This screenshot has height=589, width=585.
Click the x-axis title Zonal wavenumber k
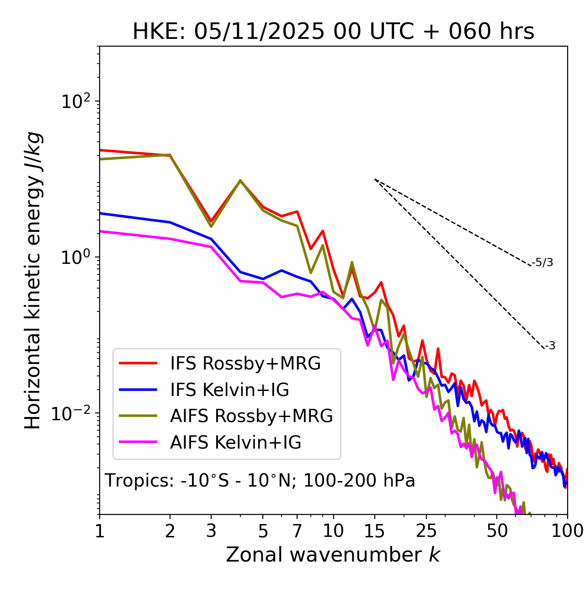click(333, 555)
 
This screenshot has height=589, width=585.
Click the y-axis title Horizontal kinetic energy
click(33, 280)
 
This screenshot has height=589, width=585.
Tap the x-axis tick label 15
click(374, 530)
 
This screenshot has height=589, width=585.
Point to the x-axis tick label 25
click(426, 530)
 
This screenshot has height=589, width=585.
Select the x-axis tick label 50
click(497, 530)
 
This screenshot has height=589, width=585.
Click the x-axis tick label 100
click(567, 530)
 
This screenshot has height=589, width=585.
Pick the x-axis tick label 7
click(297, 530)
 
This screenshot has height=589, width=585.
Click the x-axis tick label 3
click(211, 530)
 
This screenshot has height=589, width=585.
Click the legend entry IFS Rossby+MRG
click(245, 363)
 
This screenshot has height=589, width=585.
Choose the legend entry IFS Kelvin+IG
click(229, 390)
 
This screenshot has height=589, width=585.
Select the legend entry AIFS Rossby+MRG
click(251, 416)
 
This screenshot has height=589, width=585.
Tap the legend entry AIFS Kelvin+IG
click(235, 442)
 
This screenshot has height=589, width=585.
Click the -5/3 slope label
click(542, 262)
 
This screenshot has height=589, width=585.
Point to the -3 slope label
click(550, 346)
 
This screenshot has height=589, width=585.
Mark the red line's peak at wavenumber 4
click(240, 181)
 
